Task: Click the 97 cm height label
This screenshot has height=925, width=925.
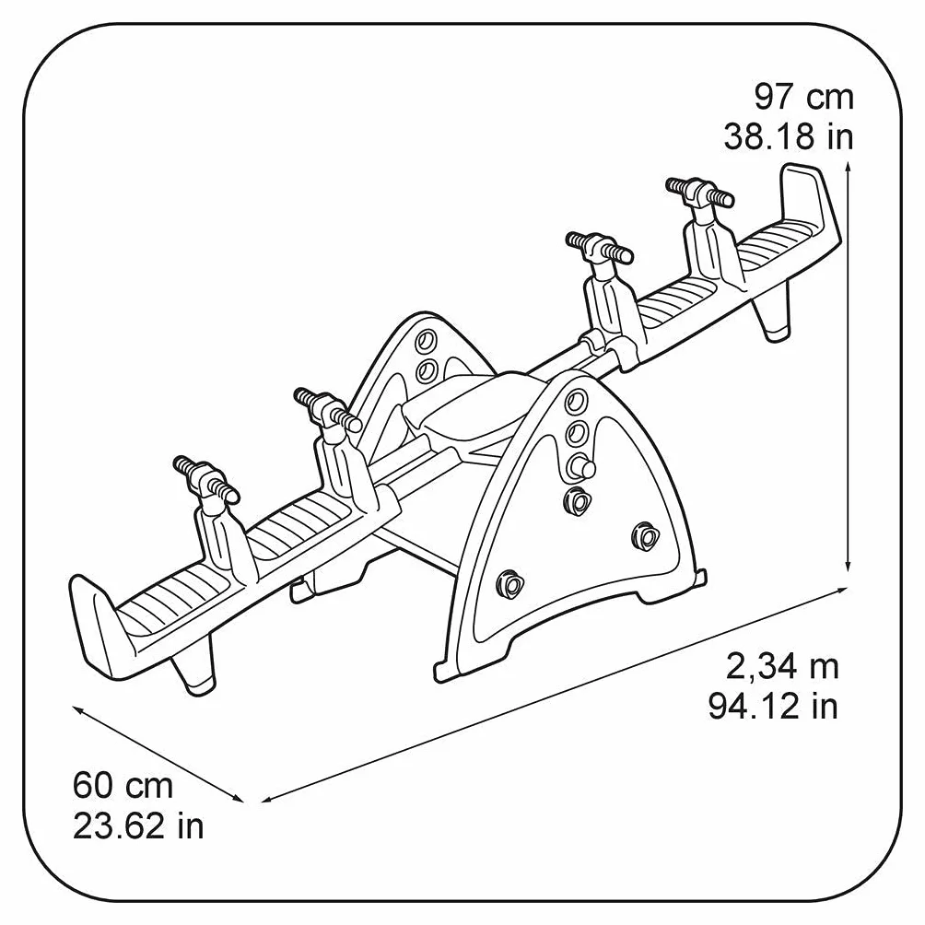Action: [803, 98]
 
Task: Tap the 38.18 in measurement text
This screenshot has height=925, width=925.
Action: [789, 137]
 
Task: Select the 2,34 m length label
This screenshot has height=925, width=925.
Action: [782, 668]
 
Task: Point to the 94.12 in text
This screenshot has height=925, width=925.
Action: [773, 706]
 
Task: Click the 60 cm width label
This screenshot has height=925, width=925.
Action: [123, 786]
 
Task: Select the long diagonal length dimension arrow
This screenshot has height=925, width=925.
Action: [555, 695]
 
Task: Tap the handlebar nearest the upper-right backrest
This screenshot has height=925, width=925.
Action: [699, 191]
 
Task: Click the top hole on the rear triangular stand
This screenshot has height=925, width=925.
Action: [426, 341]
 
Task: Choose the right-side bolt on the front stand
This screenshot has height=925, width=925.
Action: [645, 535]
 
